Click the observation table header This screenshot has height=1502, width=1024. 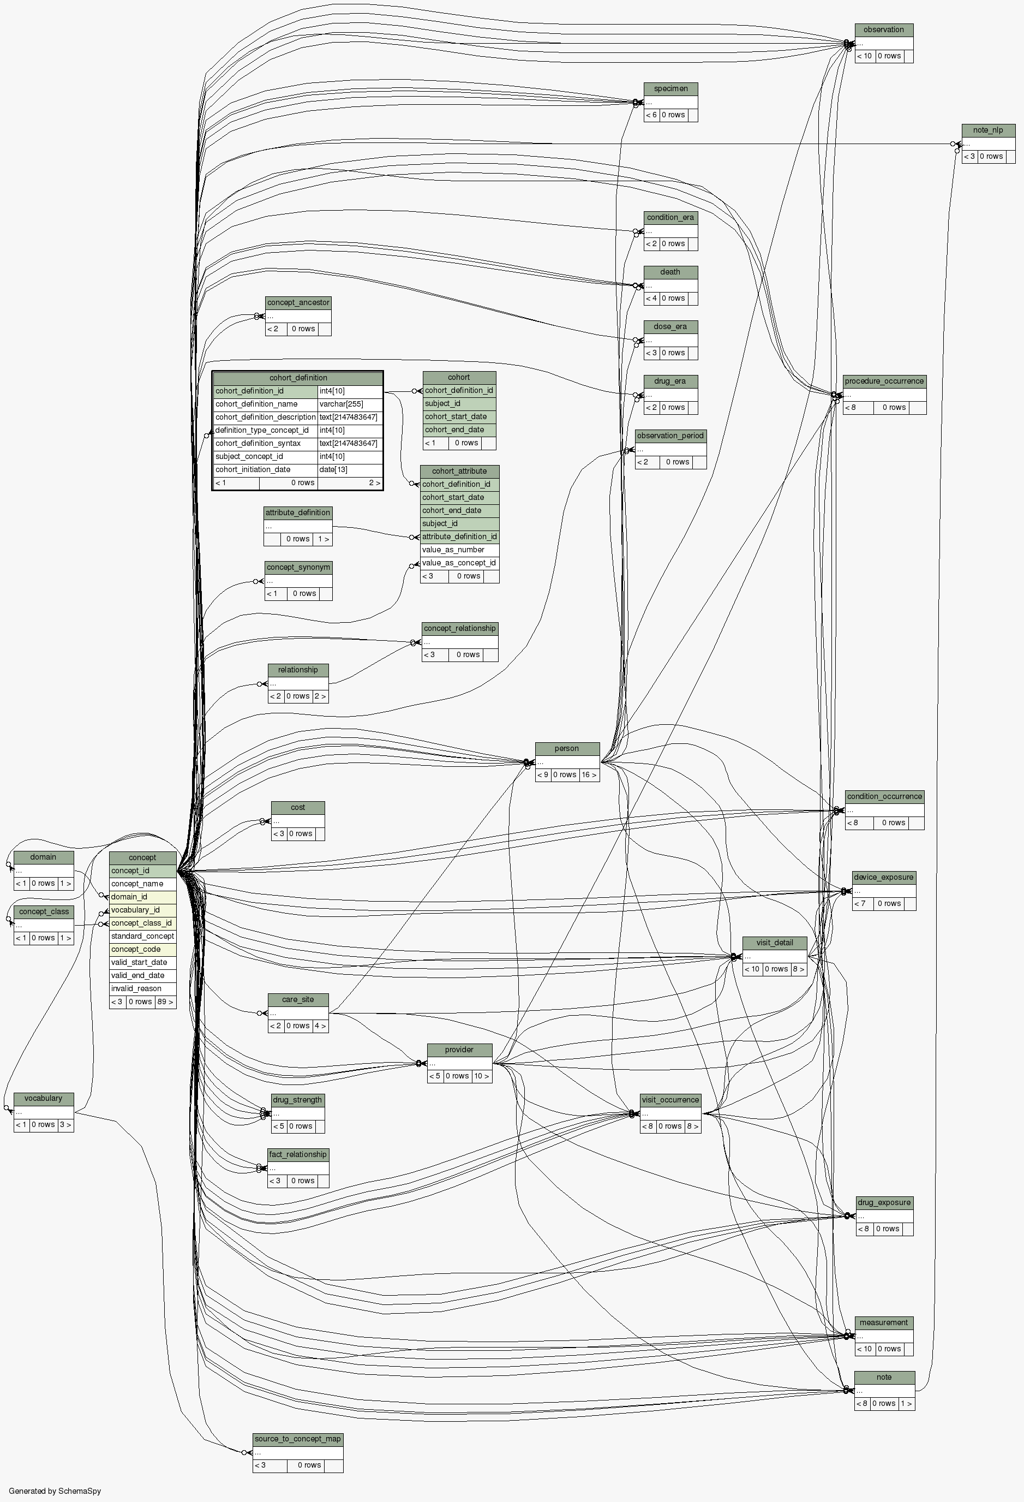[x=884, y=29]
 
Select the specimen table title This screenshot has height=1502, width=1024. [x=670, y=88]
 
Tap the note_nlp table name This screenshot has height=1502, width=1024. [x=988, y=130]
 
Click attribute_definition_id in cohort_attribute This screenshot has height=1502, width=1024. [x=459, y=537]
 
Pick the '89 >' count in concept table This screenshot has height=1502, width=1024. [x=165, y=1002]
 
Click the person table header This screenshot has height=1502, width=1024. [x=567, y=748]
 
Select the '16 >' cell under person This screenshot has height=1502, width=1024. [x=589, y=775]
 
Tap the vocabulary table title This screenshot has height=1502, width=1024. [x=43, y=1098]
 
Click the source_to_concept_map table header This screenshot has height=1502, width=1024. [x=298, y=1439]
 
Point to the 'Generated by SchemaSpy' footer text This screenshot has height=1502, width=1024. [x=55, y=1491]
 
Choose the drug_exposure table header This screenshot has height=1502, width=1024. [x=884, y=1202]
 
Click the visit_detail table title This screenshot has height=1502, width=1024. [x=775, y=943]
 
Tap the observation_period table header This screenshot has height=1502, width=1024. [x=670, y=436]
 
